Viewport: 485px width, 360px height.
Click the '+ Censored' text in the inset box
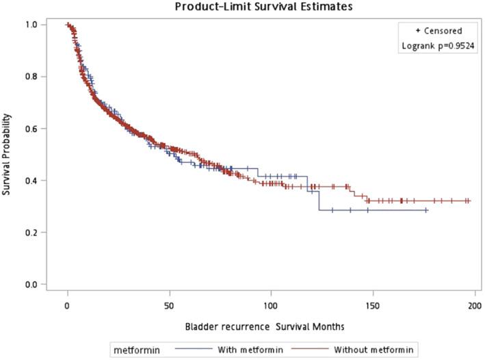tap(438, 31)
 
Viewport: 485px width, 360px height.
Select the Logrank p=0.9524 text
tap(438, 46)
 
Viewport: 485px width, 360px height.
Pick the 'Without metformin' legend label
tap(373, 350)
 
